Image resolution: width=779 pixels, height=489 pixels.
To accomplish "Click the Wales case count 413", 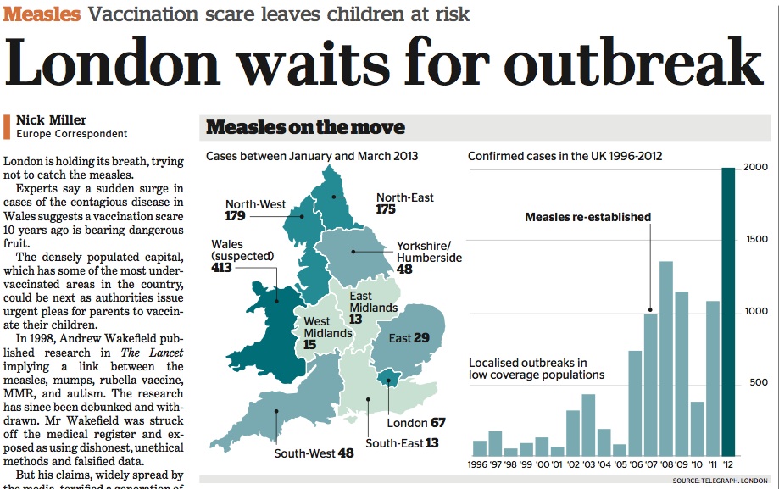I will pyautogui.click(x=223, y=268).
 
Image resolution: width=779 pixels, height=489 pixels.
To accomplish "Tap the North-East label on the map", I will pyautogui.click(x=404, y=197).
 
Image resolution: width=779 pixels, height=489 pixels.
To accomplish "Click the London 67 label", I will pyautogui.click(x=416, y=422).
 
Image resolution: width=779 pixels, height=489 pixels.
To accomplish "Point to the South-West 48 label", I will pyautogui.click(x=314, y=453).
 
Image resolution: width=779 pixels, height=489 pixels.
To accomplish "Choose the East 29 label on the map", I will pyautogui.click(x=409, y=338).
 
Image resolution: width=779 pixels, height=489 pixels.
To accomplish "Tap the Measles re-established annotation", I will pyautogui.click(x=587, y=217).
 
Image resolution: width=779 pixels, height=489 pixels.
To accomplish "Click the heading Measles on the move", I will pyautogui.click(x=305, y=128).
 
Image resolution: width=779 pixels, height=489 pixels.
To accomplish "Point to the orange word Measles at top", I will pyautogui.click(x=42, y=14).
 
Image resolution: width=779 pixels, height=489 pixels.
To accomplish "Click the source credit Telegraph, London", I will pyautogui.click(x=721, y=481).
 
